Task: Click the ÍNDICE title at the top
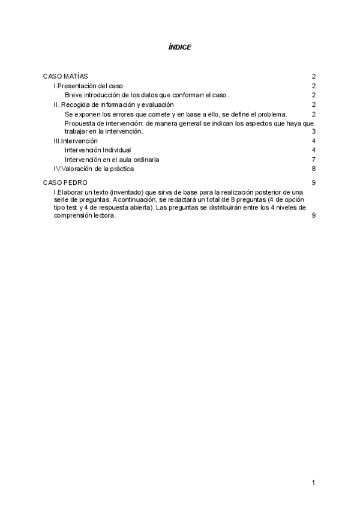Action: click(179, 47)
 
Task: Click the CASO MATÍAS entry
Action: click(65, 77)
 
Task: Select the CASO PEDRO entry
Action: click(65, 182)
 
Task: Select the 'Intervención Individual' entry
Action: click(97, 150)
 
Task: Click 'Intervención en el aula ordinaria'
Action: click(112, 160)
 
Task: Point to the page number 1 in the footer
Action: click(313, 483)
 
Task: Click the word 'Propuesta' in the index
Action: click(79, 123)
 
